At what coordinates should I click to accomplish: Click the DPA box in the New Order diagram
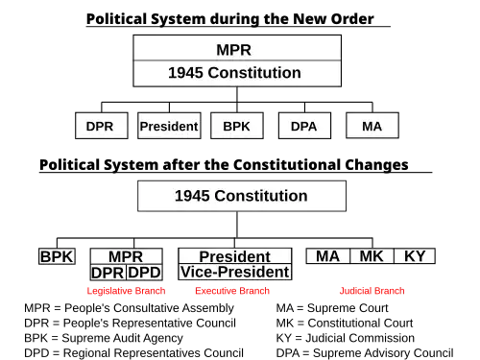(x=304, y=126)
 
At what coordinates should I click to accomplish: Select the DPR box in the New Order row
(x=102, y=126)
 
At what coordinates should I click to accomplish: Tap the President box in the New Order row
(x=169, y=126)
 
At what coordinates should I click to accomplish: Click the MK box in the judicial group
(x=372, y=256)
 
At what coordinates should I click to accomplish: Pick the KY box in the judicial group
(x=415, y=256)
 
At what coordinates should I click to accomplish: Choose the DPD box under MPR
(x=145, y=273)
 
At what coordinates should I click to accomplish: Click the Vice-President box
(x=235, y=272)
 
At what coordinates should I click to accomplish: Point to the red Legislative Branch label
(x=126, y=291)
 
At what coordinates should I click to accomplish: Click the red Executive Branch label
(x=232, y=291)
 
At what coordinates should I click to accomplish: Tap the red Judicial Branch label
(x=372, y=291)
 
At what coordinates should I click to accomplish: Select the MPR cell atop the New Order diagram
(x=237, y=48)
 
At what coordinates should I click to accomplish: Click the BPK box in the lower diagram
(x=57, y=256)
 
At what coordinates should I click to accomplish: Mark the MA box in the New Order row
(x=372, y=126)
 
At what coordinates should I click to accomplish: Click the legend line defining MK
(x=345, y=324)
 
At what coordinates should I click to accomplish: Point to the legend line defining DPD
(x=133, y=353)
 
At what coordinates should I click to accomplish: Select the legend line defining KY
(x=346, y=338)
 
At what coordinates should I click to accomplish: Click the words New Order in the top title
(x=333, y=19)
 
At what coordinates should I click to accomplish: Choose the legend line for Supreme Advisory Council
(x=365, y=353)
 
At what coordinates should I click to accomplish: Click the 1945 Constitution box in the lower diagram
(x=242, y=196)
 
